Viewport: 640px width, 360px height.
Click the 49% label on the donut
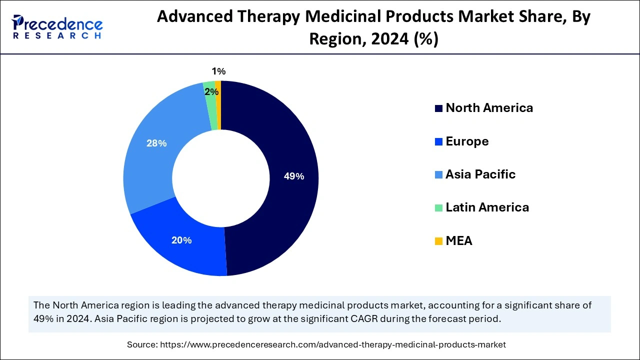(x=293, y=176)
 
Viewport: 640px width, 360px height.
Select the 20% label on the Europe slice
(x=181, y=240)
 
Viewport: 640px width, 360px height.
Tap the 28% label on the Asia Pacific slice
(x=156, y=143)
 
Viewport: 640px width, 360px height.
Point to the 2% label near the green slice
(x=211, y=92)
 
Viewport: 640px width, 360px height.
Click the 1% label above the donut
(x=218, y=71)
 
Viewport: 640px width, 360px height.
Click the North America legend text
(x=489, y=108)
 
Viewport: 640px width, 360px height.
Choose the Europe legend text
(x=467, y=141)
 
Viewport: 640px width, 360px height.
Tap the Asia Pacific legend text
(x=480, y=174)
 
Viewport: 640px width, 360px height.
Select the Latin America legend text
(x=487, y=207)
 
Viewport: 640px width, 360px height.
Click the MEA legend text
(x=458, y=241)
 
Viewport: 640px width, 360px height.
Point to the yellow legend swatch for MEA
(x=438, y=241)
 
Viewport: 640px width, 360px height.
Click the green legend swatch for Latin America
(x=438, y=208)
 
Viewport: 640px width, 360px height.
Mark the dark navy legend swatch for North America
(x=438, y=108)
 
